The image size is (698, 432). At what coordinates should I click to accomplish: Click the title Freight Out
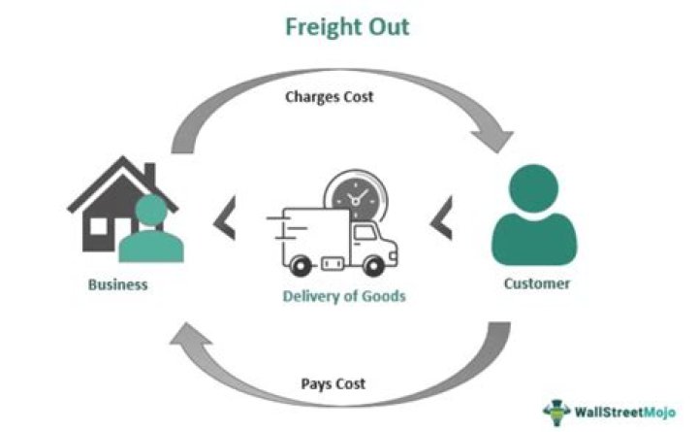click(x=346, y=26)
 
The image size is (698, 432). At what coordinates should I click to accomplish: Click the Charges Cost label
click(x=329, y=96)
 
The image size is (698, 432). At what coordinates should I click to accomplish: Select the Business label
click(x=117, y=284)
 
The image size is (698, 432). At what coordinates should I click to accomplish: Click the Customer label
click(x=536, y=284)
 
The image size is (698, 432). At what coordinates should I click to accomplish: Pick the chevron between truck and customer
click(x=442, y=220)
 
